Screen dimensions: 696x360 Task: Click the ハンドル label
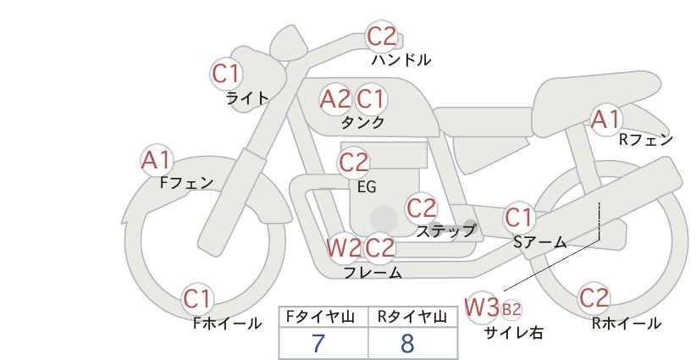point(400,59)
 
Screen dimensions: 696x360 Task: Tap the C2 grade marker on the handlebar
point(381,36)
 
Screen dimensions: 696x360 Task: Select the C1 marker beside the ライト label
point(226,74)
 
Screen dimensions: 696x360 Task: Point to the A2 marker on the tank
point(335,99)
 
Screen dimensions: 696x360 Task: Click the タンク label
point(362,122)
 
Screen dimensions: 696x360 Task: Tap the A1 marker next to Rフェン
point(605,119)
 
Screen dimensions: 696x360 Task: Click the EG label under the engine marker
point(367,187)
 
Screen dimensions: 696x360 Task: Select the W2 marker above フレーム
point(344,247)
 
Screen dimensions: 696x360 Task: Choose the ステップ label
point(445,231)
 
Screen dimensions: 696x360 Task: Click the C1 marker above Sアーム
point(519,218)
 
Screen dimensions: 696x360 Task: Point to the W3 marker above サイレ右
point(482,307)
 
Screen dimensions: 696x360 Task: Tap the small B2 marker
point(511,309)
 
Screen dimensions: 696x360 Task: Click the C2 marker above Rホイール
point(594,298)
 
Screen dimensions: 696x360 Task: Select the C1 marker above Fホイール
point(197,299)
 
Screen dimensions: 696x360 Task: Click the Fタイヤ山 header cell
point(323,317)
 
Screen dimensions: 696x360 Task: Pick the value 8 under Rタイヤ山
point(407,343)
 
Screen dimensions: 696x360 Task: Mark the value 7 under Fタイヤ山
point(318,343)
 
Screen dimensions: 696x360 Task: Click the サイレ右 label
point(514,333)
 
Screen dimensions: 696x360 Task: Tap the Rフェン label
point(646,140)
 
